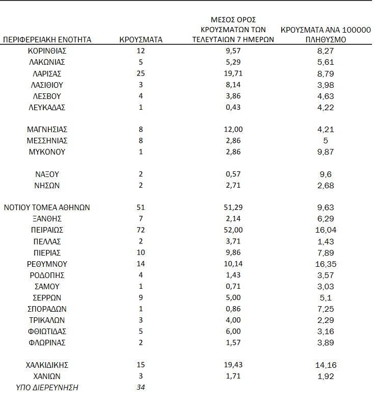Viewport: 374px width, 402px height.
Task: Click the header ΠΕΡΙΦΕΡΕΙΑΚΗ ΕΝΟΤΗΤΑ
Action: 47,39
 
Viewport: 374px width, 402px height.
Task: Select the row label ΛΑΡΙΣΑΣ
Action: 47,73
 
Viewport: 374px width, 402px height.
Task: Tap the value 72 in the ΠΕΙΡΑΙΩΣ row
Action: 141,230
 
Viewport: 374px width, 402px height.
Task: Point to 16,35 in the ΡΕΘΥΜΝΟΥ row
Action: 326,264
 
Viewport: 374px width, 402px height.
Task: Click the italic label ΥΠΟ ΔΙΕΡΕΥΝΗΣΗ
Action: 47,387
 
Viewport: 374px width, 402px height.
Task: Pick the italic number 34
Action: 141,387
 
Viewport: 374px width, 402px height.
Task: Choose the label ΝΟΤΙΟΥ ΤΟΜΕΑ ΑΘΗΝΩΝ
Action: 47,208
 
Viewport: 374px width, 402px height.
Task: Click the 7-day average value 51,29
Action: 233,208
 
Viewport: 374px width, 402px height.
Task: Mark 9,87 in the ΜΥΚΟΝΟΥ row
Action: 326,152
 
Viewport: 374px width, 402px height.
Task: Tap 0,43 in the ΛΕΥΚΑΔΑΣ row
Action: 233,107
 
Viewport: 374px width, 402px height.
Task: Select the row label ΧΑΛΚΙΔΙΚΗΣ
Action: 47,365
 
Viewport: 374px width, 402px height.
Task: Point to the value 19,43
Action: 233,365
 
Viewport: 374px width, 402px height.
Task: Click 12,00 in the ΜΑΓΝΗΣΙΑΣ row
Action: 233,130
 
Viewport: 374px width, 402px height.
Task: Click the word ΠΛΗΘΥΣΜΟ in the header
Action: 326,39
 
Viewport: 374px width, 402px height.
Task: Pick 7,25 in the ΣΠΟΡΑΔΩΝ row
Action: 326,309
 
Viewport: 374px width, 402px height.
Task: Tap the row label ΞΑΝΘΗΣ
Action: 47,219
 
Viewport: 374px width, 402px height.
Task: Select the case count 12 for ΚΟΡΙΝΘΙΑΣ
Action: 141,51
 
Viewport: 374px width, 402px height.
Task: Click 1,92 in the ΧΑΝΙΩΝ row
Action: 326,376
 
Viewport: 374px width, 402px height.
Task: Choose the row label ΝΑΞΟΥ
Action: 47,174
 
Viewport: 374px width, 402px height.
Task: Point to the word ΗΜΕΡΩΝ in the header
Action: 258,39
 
